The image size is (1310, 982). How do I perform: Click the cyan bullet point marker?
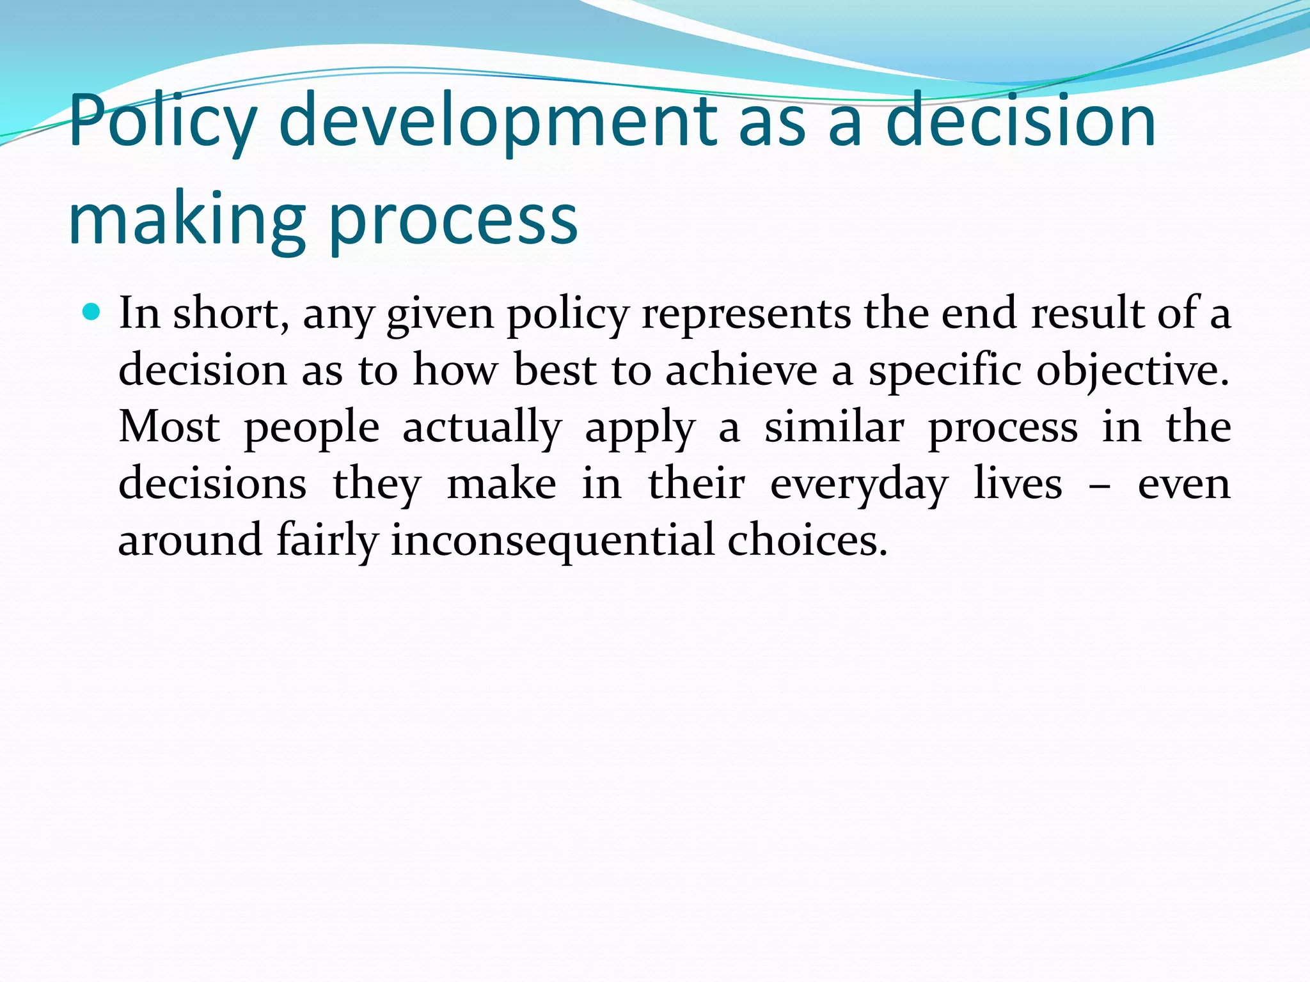pyautogui.click(x=93, y=313)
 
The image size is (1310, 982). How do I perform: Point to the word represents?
pyautogui.click(x=746, y=315)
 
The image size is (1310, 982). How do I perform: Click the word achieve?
pyautogui.click(x=741, y=370)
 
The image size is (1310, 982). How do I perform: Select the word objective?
pyautogui.click(x=1132, y=371)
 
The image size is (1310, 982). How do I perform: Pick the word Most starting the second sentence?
pyautogui.click(x=170, y=426)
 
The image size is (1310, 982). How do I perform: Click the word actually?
pyautogui.click(x=482, y=428)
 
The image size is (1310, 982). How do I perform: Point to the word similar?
pyautogui.click(x=834, y=426)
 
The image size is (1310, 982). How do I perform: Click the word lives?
pyautogui.click(x=1018, y=483)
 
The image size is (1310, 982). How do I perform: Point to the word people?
pyautogui.click(x=312, y=428)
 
